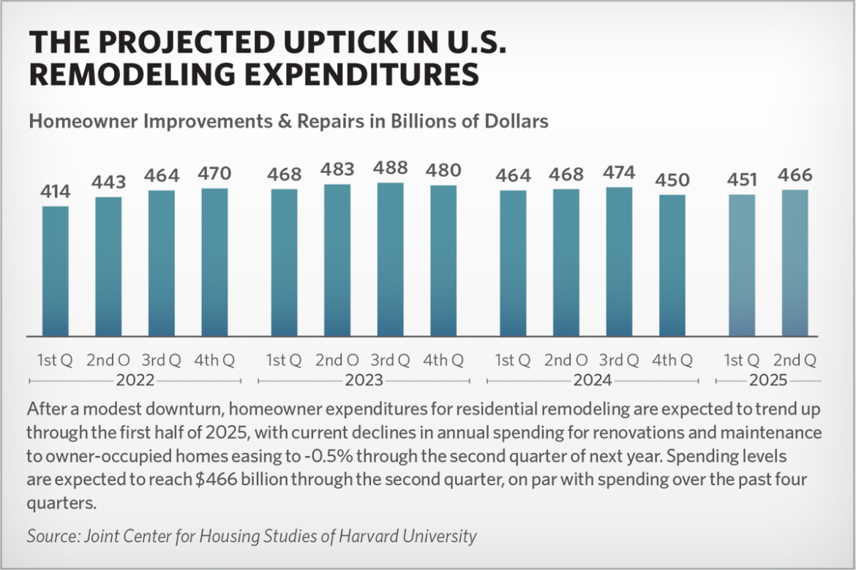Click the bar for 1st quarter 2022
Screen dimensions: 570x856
click(x=55, y=270)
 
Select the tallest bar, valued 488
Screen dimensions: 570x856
click(x=390, y=259)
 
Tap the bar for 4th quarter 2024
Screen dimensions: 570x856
click(x=672, y=265)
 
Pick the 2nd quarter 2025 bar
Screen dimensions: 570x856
click(x=795, y=262)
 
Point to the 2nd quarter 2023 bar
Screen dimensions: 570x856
click(x=337, y=259)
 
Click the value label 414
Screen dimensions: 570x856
click(x=55, y=192)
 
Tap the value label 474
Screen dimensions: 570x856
click(x=619, y=174)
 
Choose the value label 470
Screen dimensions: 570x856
click(x=214, y=174)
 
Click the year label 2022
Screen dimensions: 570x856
click(x=135, y=381)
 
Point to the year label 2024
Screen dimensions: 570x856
click(x=593, y=381)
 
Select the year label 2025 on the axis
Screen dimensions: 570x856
click(x=768, y=381)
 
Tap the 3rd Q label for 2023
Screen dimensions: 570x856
click(x=390, y=360)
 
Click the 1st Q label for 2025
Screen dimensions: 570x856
click(x=742, y=360)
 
